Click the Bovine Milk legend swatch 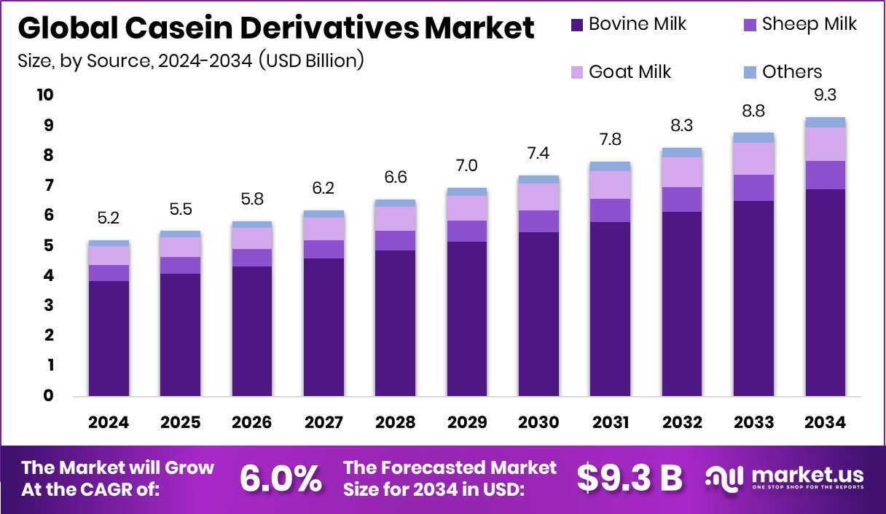(x=577, y=25)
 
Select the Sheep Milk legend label (x=809, y=24)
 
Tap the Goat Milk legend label (x=630, y=72)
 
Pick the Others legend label (x=792, y=72)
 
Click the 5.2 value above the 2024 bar (x=109, y=218)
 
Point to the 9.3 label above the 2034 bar (x=825, y=95)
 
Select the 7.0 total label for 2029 (x=467, y=165)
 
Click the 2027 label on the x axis (x=324, y=422)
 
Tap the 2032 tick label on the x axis (x=682, y=422)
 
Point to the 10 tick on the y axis (x=45, y=95)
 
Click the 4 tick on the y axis (x=49, y=275)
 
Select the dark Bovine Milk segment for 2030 (x=538, y=314)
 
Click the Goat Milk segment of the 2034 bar (x=826, y=144)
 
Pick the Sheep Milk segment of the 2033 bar (x=753, y=188)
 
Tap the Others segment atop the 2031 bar (x=611, y=166)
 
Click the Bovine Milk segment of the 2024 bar (x=109, y=339)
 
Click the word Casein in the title (x=179, y=28)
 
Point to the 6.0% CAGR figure (x=281, y=478)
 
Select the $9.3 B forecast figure (x=630, y=478)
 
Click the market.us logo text (x=808, y=475)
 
